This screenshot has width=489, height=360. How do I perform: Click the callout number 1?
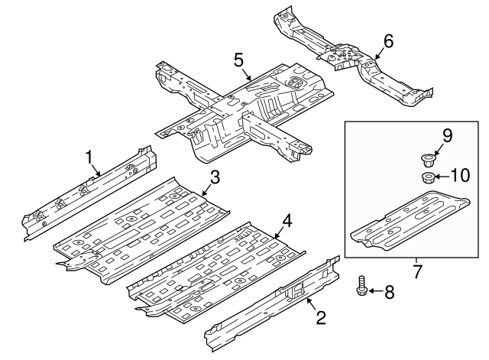89,157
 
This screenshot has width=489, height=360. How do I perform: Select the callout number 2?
322,317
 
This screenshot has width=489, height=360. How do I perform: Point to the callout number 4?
286,222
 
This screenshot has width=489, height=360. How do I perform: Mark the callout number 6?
388,41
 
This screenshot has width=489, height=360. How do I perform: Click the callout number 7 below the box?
417,271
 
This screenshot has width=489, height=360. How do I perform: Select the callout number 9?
447,136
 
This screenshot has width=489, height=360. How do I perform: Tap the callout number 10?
458,176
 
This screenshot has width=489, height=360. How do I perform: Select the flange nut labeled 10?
428,178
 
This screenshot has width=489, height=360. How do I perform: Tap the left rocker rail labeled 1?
92,191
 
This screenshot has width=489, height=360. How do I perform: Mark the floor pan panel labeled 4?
214,268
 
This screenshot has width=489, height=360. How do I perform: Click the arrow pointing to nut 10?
442,177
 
